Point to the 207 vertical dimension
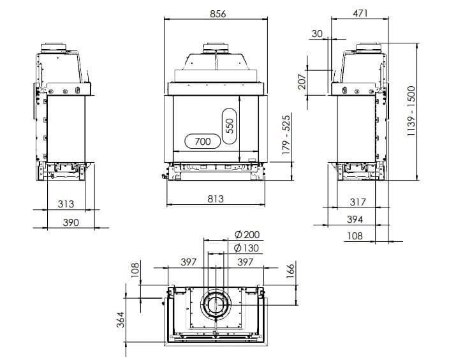click(x=302, y=81)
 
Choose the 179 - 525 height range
click(x=286, y=133)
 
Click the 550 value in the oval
click(x=230, y=124)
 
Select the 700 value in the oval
click(x=202, y=142)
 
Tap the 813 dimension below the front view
click(x=216, y=199)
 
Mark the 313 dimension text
click(x=66, y=204)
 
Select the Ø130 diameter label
click(x=246, y=248)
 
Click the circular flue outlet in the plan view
click(x=215, y=304)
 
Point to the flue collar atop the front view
click(x=215, y=49)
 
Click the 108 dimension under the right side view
click(x=355, y=236)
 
